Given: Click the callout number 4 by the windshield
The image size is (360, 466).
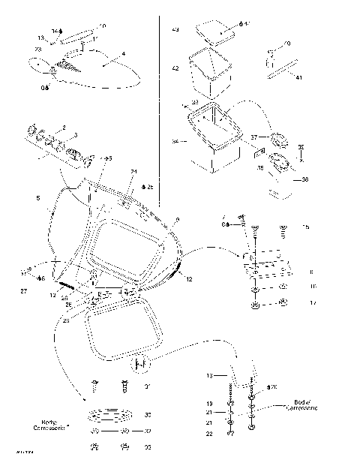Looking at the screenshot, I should coord(123,54).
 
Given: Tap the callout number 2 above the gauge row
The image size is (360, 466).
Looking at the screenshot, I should coord(64,128).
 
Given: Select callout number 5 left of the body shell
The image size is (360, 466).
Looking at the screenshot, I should coord(37,198).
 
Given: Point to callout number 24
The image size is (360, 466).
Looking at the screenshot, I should coord(133,172).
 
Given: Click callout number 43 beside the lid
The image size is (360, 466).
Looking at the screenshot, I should coord(175,31).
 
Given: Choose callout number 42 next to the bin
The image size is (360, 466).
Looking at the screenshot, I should coord(175,68).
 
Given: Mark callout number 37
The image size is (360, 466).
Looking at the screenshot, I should coord(253,137).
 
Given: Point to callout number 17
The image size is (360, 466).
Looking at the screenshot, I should coord(313,303).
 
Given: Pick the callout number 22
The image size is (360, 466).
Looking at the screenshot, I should coord(209,434).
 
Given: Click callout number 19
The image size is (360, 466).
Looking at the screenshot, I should coord(209,404).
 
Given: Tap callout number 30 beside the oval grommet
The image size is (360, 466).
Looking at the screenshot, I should coord(148,415).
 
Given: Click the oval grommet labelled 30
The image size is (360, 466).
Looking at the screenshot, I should coord(109,415).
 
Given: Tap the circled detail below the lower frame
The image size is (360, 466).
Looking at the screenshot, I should coord(139,366).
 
